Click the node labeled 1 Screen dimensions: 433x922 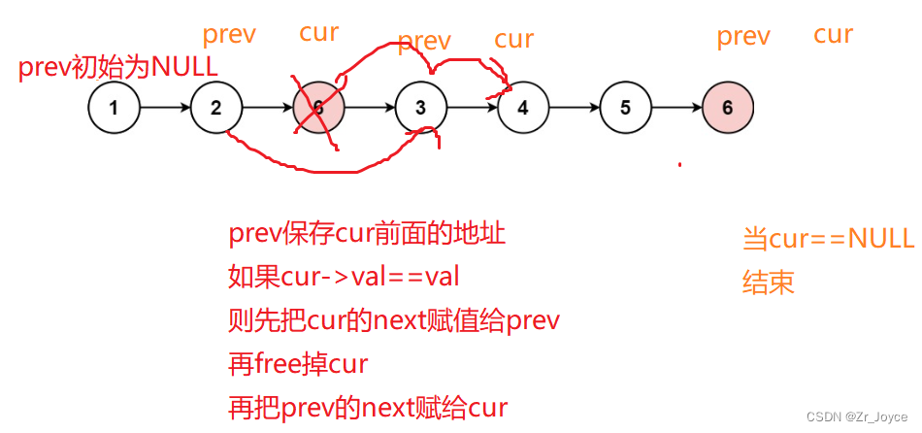coord(114,108)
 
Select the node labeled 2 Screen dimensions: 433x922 coord(216,108)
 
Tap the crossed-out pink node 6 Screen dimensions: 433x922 coord(318,108)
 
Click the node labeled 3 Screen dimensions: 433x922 coord(420,108)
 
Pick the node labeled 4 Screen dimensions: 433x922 coord(523,108)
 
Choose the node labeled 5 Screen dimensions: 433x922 coord(625,108)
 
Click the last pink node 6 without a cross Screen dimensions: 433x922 coord(727,108)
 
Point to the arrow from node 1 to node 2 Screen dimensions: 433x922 coord(165,108)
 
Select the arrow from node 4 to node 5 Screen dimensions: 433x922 coord(574,108)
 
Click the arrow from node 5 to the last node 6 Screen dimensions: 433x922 coord(675,108)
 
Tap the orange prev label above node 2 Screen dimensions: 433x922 coord(229,36)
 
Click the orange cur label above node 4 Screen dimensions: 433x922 coord(514,40)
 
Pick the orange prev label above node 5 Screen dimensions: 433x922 coord(743,37)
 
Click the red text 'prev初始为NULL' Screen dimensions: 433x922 coord(118,68)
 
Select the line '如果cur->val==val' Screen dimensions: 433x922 coord(344,278)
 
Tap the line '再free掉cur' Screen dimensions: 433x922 coord(298,364)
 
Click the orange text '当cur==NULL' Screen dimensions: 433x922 coord(828,239)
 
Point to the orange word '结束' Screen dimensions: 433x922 coord(769,283)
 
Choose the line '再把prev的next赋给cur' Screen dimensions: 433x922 coord(368,407)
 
